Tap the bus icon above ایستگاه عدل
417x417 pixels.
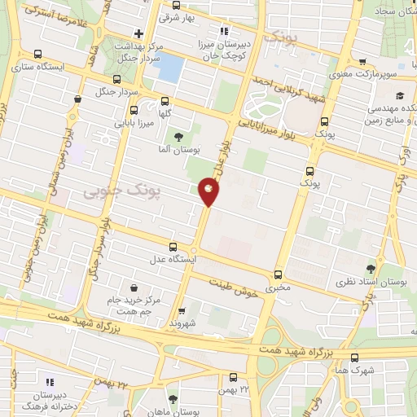pos(173,247)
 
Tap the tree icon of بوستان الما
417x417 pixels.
pos(178,135)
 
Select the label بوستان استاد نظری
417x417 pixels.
pos(371,281)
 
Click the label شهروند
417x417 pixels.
pos(182,323)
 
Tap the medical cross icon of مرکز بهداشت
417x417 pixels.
pos(138,33)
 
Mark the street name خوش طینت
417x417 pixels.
pos(233,288)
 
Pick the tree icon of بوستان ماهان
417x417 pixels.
pos(172,398)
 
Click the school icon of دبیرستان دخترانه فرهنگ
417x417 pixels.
pos(49,380)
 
